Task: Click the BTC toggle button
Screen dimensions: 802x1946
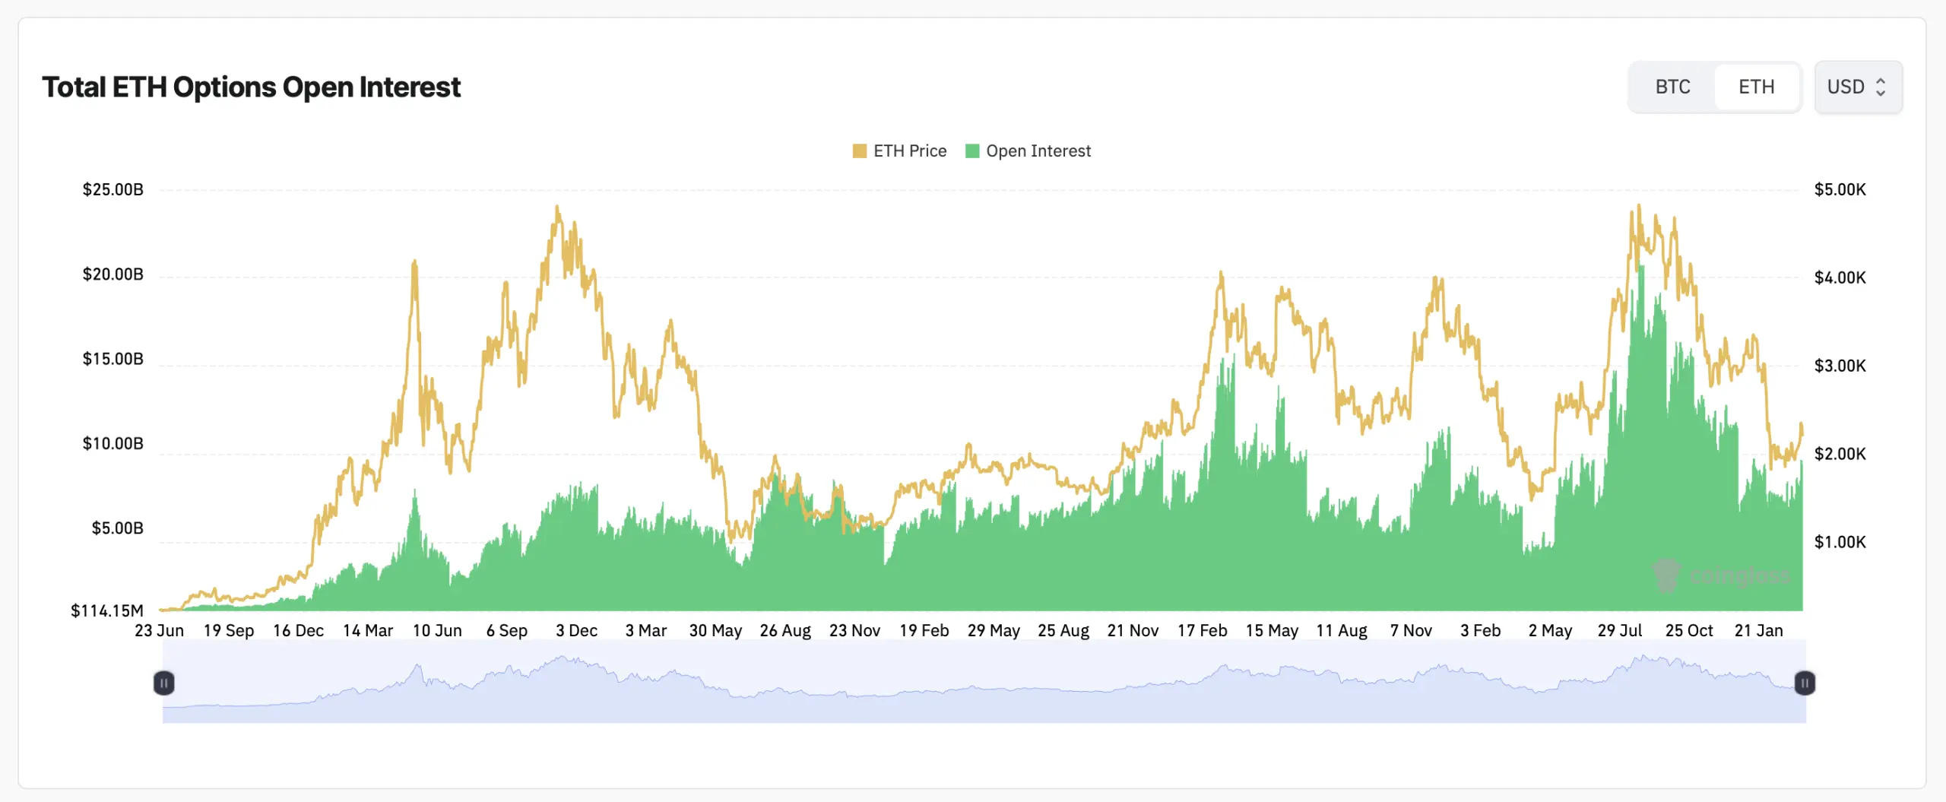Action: tap(1672, 87)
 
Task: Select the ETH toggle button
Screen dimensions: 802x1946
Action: tap(1756, 87)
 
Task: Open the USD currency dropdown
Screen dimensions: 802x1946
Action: tap(1857, 87)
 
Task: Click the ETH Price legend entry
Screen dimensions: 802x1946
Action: tap(900, 151)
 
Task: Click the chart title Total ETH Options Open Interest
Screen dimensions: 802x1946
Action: tap(251, 87)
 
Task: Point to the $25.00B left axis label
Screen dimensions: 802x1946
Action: tap(113, 189)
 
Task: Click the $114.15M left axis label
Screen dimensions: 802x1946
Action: tap(106, 610)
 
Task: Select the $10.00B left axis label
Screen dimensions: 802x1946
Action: tap(113, 443)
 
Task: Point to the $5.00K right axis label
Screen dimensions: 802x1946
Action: tap(1840, 189)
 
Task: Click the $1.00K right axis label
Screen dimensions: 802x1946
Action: tap(1840, 542)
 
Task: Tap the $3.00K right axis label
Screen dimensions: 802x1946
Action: tap(1840, 366)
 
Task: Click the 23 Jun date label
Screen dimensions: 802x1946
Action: tap(159, 630)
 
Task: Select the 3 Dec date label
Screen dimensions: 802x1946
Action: tap(576, 630)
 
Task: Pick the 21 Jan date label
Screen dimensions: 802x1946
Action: tap(1758, 630)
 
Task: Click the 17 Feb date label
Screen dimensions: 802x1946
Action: tap(1202, 630)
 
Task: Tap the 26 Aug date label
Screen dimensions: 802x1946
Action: tap(785, 630)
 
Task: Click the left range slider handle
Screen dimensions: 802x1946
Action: tap(163, 683)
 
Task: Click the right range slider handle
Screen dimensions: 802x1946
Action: tap(1805, 683)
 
